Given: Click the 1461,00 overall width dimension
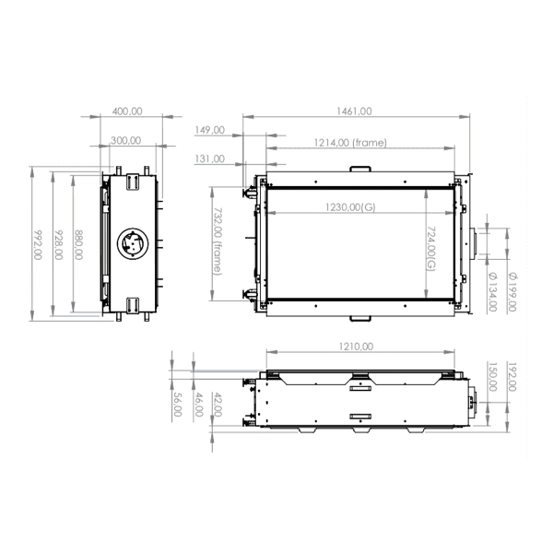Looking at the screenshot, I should [x=353, y=111].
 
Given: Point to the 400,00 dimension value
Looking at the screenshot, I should [x=127, y=111].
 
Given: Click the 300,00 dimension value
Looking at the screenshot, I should [x=126, y=140].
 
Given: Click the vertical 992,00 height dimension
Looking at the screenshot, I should [x=38, y=244].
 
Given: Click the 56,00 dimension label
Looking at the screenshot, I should [x=177, y=406].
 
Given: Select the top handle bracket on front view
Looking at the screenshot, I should [x=359, y=169].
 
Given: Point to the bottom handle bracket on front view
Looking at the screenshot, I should [x=359, y=319].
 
